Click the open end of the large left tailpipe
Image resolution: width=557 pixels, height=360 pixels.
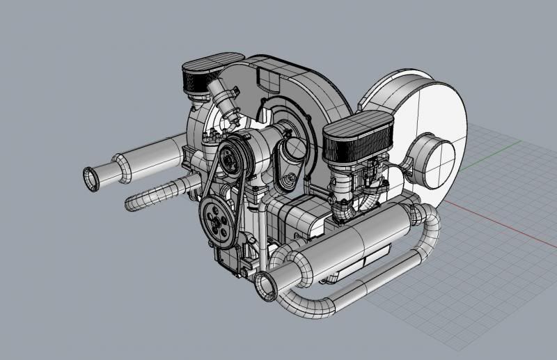pyautogui.click(x=91, y=178)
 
